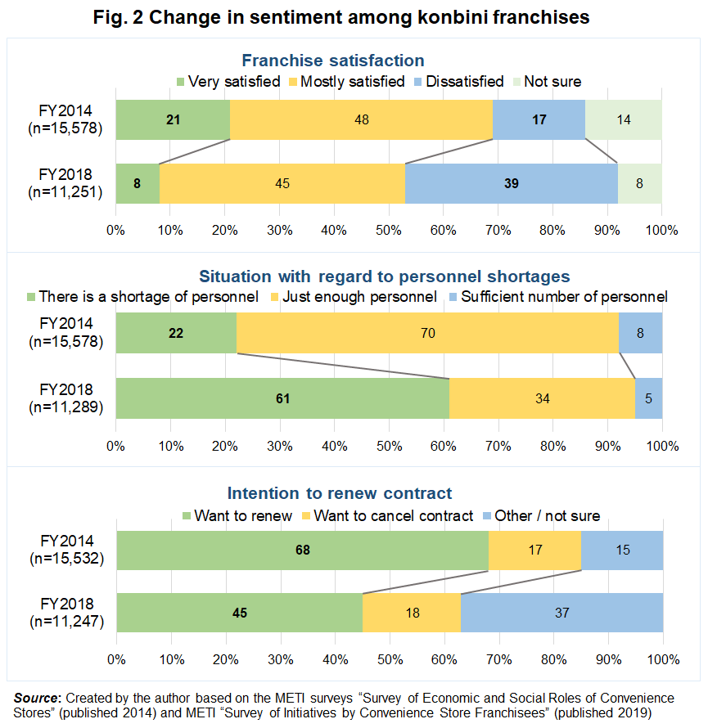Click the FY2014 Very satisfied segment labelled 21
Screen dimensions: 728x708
173,119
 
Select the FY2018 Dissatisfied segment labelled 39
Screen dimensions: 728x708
511,183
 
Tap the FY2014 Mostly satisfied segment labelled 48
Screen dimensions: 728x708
361,119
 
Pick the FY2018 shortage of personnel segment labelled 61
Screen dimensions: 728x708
282,398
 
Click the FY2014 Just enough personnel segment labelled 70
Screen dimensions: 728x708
427,335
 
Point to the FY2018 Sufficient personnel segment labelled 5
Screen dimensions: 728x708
648,398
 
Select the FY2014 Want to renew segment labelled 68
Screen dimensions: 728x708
302,550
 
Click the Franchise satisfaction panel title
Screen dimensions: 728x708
332,61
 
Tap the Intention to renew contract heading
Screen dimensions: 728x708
339,493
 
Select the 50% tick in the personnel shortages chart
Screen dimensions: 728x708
389,447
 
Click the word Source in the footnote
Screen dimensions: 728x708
37,699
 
